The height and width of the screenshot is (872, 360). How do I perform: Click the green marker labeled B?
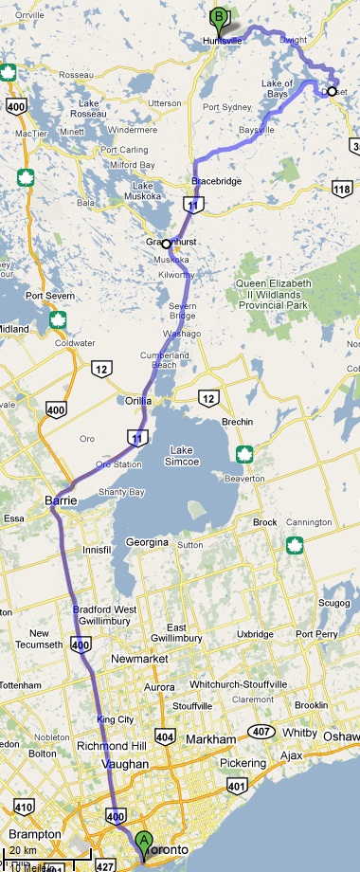coord(219,17)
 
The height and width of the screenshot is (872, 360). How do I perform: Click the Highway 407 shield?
coord(262,730)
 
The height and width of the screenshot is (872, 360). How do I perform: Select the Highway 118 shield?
coord(342,191)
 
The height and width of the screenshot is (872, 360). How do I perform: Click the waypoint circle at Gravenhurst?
coord(167,244)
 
